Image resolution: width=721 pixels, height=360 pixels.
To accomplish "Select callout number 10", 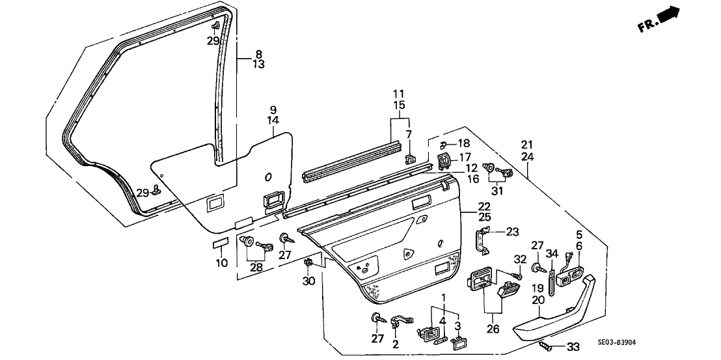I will (x=222, y=264).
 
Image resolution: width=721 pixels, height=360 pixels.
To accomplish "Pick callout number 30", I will (x=308, y=281).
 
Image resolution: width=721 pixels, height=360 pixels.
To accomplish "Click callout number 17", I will (x=465, y=157).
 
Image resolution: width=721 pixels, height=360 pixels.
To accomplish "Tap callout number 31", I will (x=498, y=191).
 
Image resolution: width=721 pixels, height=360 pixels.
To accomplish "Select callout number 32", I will (x=519, y=259).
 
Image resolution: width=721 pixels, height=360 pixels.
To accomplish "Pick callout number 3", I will (x=457, y=325).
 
